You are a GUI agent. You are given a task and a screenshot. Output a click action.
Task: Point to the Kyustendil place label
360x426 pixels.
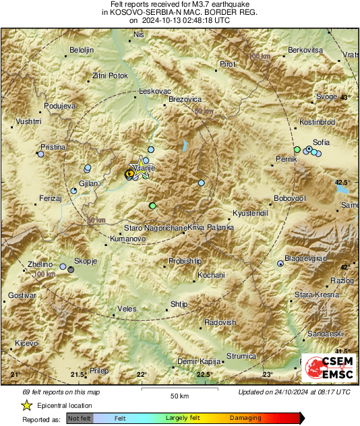(250, 212)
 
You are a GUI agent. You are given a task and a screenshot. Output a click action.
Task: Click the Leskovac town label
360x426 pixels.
(154, 90)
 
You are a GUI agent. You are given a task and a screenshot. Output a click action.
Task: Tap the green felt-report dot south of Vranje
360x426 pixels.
(153, 206)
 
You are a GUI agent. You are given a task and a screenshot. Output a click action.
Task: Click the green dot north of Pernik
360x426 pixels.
(297, 149)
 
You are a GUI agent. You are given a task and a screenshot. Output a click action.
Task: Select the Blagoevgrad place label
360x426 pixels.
(305, 257)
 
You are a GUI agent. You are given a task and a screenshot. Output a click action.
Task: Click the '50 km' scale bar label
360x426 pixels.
(179, 395)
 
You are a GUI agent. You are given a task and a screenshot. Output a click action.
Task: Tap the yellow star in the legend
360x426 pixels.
(26, 406)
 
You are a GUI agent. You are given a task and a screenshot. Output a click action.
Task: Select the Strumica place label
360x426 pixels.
(241, 356)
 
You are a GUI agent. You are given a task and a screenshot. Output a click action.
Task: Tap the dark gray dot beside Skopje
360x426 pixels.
(71, 270)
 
